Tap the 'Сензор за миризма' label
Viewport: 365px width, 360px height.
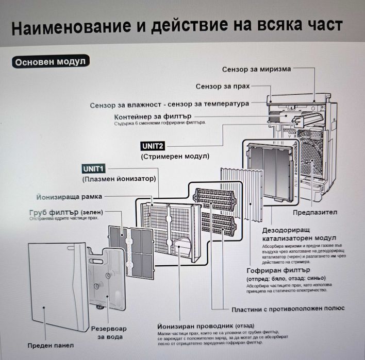[x=257, y=69]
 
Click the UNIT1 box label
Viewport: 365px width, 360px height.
[x=94, y=169]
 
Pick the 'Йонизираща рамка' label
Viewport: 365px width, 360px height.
[x=70, y=197]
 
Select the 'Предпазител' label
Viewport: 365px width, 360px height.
[x=315, y=212]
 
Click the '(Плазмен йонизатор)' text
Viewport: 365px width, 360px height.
[x=119, y=179]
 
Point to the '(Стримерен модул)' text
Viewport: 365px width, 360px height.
[x=174, y=156]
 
